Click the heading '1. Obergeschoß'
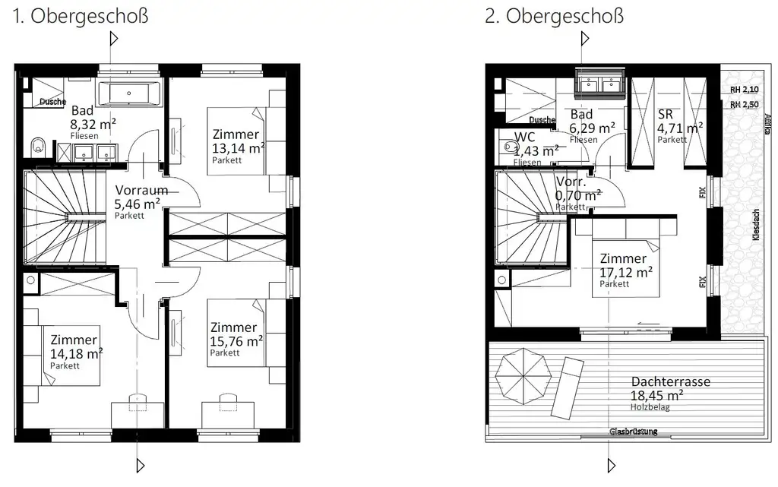[x=80, y=16]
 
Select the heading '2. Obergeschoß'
[x=554, y=16]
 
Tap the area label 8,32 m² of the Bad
[x=93, y=124]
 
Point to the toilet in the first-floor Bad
[x=37, y=144]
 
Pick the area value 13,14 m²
[x=237, y=147]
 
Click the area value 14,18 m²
[x=76, y=353]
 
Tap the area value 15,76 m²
[x=237, y=340]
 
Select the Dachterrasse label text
[x=670, y=382]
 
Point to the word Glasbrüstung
[x=633, y=432]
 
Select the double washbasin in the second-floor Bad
[x=600, y=82]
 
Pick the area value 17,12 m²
[x=626, y=271]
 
